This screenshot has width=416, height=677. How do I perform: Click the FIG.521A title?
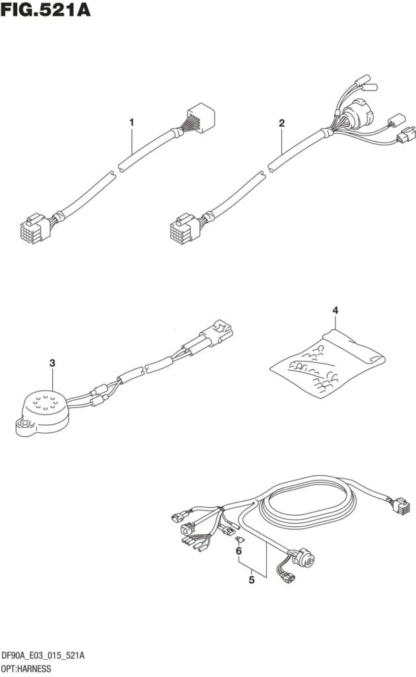[x=46, y=10]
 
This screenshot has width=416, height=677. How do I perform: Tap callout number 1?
[x=131, y=122]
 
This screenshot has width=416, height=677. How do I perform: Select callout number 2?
[x=281, y=122]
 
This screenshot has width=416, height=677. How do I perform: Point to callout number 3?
[x=52, y=363]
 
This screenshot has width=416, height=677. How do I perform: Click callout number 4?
[x=335, y=310]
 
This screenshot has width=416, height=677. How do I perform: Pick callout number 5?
[x=252, y=579]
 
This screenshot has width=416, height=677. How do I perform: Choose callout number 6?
[x=238, y=551]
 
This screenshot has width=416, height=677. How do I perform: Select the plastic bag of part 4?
[x=328, y=363]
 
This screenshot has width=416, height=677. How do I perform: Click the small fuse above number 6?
[x=238, y=539]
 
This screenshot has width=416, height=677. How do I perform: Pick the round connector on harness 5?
[x=304, y=559]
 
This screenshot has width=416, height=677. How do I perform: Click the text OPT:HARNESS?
[x=26, y=669]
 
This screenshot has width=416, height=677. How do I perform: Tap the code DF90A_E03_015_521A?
[x=43, y=656]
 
